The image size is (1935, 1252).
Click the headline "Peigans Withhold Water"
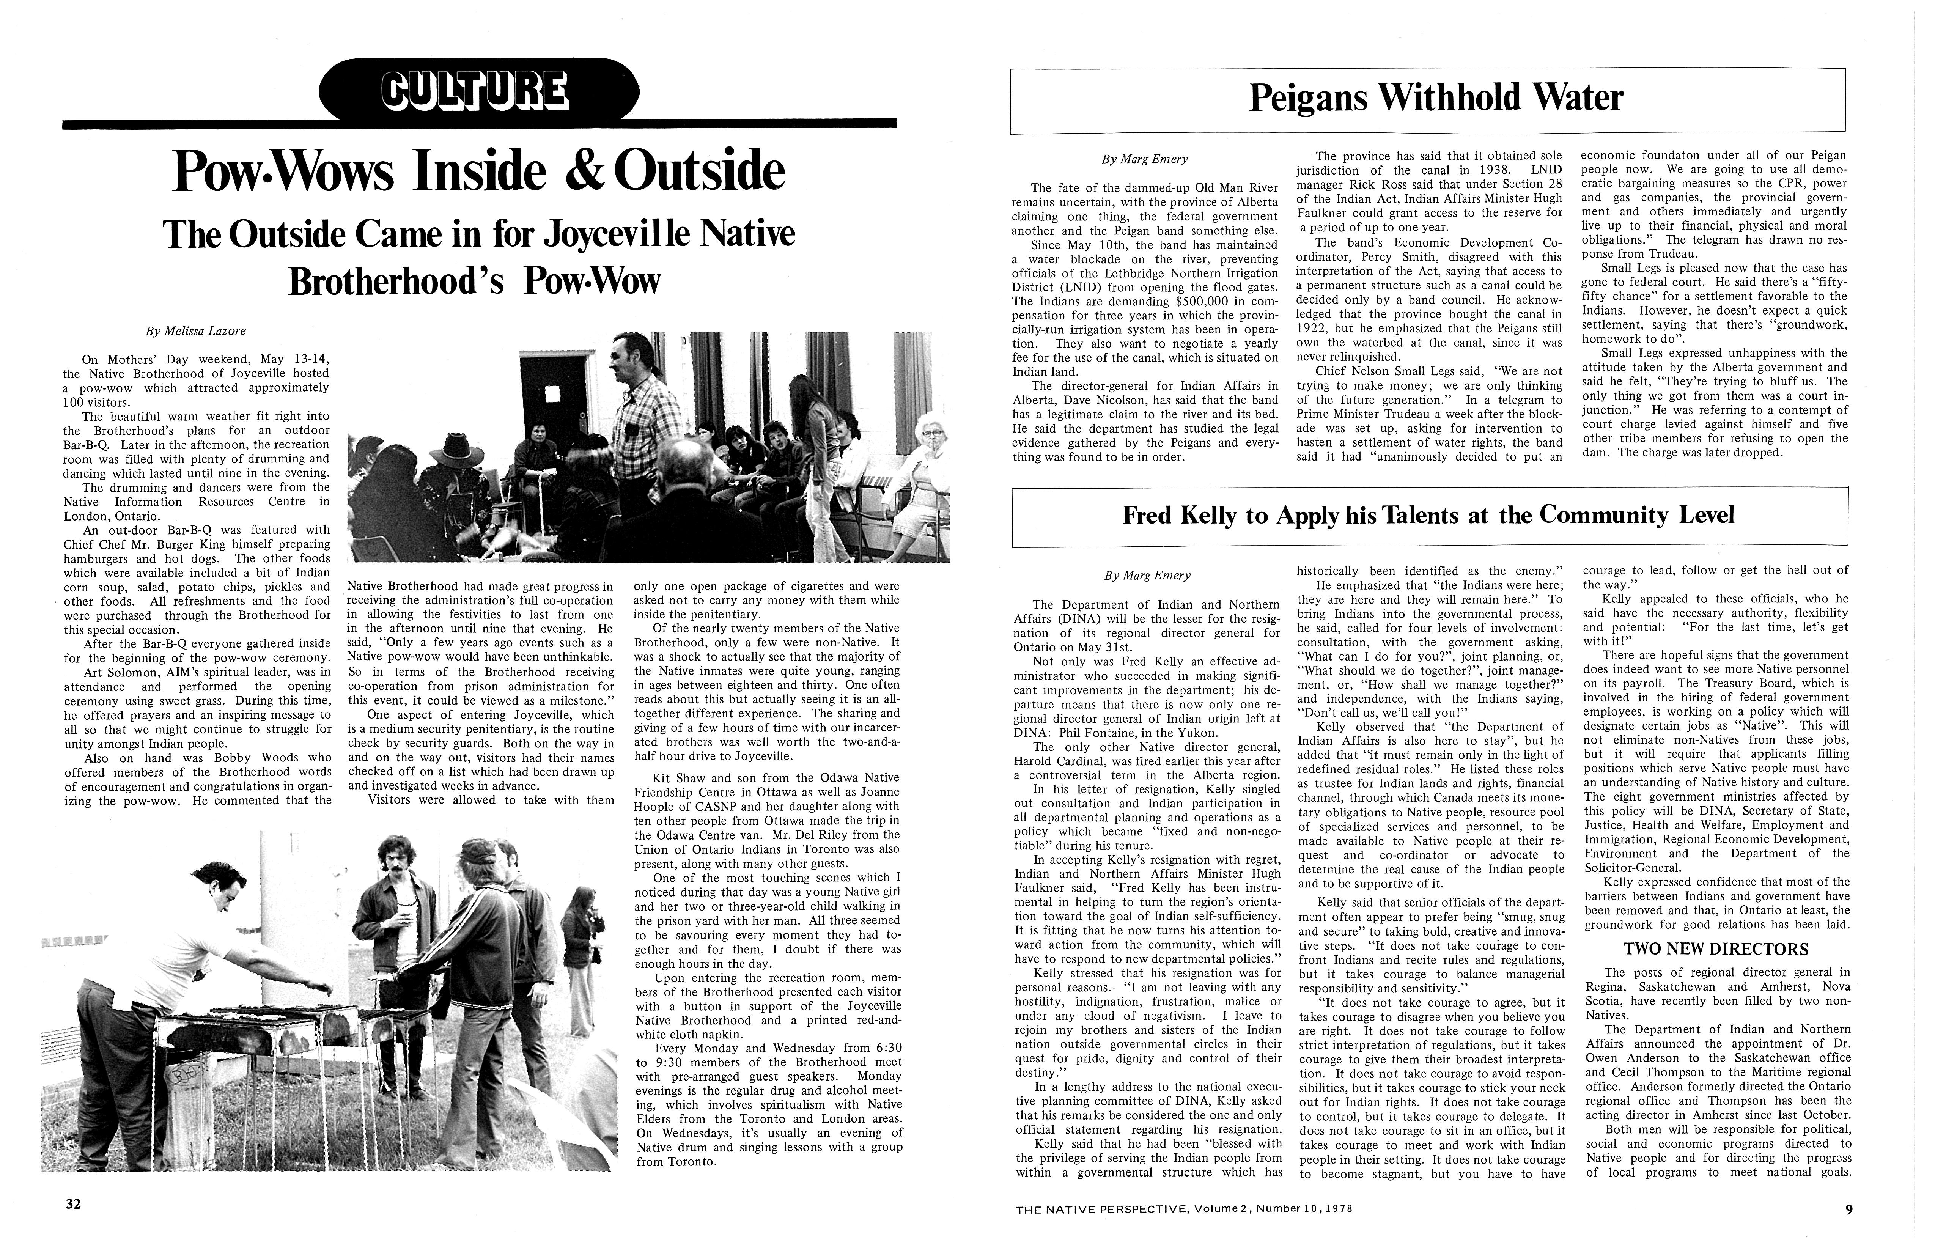(x=1435, y=98)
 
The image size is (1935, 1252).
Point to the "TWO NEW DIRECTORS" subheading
(x=1715, y=949)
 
